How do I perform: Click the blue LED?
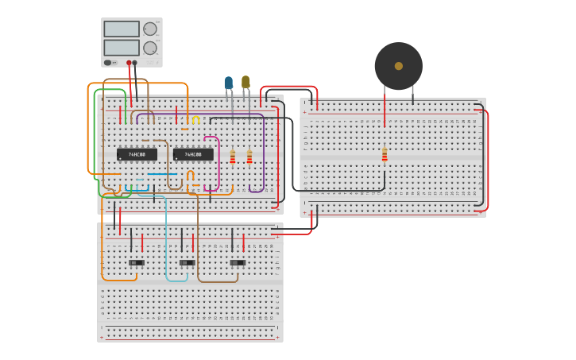click(x=229, y=83)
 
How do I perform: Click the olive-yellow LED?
click(x=245, y=82)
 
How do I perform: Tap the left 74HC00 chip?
click(x=137, y=154)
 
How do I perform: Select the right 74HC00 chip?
click(x=193, y=154)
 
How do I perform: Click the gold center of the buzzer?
click(x=398, y=66)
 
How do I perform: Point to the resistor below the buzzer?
click(x=385, y=155)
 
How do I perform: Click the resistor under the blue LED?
click(x=232, y=157)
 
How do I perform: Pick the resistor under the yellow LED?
click(x=249, y=157)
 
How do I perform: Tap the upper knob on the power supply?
click(x=149, y=29)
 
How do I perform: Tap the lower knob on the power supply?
click(x=149, y=48)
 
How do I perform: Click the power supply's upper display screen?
click(x=121, y=29)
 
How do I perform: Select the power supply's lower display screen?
click(x=121, y=48)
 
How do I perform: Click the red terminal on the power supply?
click(x=129, y=63)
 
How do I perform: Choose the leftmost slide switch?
click(x=137, y=262)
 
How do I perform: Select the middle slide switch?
click(x=187, y=262)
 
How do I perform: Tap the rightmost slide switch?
click(x=238, y=262)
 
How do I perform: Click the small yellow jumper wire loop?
click(x=195, y=119)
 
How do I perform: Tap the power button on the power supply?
click(x=108, y=62)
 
